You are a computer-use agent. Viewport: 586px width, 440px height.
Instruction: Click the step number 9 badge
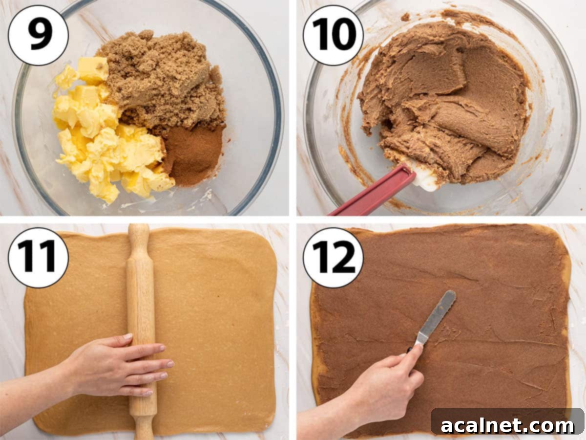pyautogui.click(x=38, y=35)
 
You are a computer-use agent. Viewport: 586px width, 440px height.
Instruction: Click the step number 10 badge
pyautogui.click(x=333, y=35)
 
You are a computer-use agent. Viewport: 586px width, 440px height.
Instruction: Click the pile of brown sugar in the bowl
pyautogui.click(x=161, y=78)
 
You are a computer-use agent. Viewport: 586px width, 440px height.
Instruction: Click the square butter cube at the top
pyautogui.click(x=93, y=69)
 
